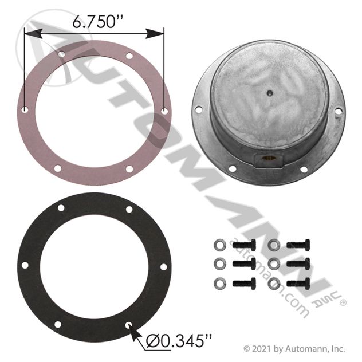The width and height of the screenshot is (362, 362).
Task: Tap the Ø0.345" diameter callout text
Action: (179, 341)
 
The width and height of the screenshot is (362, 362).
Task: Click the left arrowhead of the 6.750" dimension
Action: (33, 34)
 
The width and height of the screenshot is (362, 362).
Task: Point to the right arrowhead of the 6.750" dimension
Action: (155, 34)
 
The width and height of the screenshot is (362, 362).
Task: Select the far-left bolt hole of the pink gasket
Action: (25, 109)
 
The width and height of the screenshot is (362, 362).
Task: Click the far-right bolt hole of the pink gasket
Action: (164, 111)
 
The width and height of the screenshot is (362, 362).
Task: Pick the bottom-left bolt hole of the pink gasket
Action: (58, 168)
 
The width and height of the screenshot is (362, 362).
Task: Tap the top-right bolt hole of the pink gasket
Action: (129, 56)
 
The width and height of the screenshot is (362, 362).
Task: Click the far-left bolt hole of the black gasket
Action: (25, 266)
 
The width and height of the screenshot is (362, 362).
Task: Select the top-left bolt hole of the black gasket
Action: (61, 208)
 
